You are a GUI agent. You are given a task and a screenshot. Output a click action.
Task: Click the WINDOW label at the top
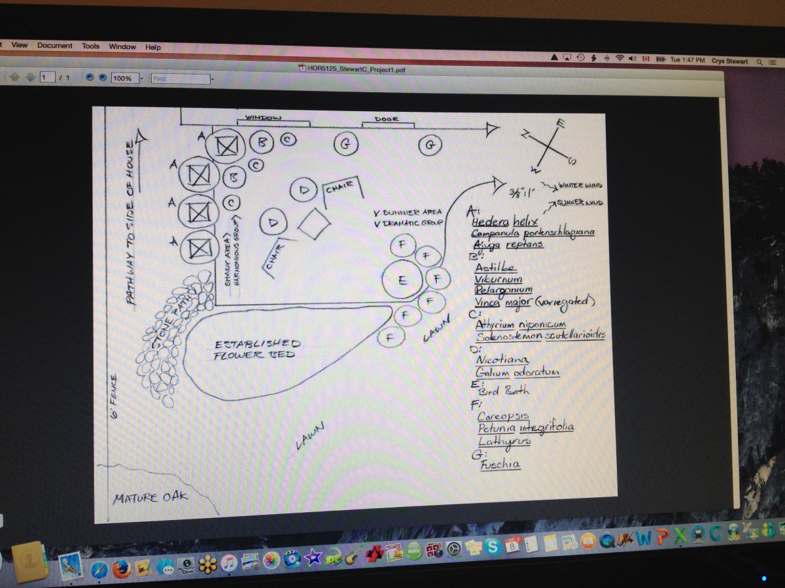click(263, 118)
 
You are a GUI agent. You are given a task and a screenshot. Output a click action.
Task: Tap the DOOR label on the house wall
click(387, 120)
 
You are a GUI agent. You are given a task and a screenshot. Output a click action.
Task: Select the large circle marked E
click(402, 279)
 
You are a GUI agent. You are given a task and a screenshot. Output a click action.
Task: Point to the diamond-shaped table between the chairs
click(314, 224)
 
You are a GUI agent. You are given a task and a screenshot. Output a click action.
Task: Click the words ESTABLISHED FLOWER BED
click(256, 349)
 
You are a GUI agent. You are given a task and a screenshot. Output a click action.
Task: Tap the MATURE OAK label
click(150, 497)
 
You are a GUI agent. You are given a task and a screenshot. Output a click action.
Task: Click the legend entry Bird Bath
click(504, 391)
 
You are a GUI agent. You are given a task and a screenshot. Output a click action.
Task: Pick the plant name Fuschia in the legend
click(500, 464)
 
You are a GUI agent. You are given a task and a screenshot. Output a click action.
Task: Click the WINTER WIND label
click(580, 186)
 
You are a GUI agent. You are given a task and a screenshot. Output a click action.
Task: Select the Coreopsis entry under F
click(502, 415)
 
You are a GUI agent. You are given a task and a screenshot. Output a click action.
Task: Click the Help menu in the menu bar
click(153, 47)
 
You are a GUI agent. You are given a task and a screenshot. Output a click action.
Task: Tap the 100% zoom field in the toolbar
click(122, 78)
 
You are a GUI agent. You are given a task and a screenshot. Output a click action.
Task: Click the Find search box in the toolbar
click(180, 78)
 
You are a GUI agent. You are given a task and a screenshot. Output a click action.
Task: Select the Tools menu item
click(90, 46)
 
